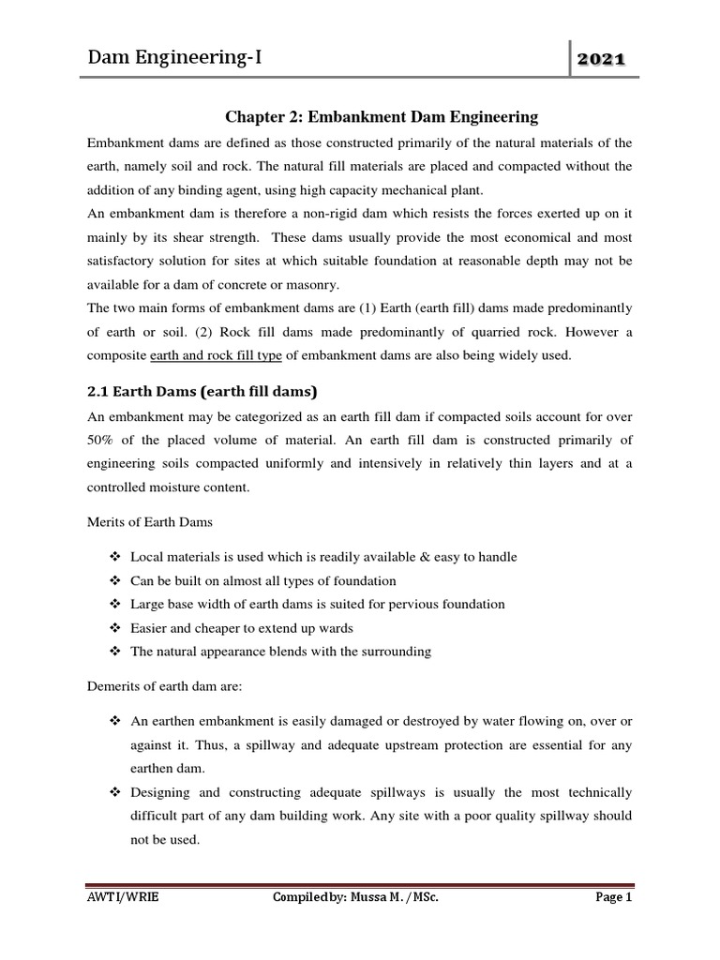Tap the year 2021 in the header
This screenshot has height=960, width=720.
pos(602,61)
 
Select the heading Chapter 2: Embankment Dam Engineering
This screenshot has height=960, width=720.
pos(382,117)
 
